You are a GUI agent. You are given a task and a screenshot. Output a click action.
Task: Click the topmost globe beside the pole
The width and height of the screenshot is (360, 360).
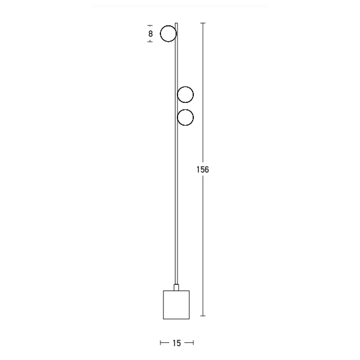pos(168,33)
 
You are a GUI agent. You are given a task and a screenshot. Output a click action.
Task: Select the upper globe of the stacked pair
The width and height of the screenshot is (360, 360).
pos(186,95)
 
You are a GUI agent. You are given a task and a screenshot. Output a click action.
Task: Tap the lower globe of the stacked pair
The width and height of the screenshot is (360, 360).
pos(186,117)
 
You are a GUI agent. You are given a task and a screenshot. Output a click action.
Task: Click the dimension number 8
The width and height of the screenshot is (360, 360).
pos(150,33)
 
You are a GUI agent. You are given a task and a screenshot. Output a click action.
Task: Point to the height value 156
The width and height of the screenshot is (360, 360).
pos(203,170)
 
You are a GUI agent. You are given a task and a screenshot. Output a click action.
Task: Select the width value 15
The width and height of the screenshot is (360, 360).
pos(176,343)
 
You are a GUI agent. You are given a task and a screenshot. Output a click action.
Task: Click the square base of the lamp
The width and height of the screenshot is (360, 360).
pos(176,304)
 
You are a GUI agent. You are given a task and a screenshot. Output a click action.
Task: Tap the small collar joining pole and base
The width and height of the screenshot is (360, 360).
pos(177,286)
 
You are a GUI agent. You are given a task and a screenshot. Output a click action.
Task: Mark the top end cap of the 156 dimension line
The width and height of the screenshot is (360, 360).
pos(203,23)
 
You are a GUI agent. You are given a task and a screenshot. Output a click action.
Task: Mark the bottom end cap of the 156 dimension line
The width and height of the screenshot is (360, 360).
pos(203,316)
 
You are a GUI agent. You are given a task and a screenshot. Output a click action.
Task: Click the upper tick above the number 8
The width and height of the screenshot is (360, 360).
pos(150,25)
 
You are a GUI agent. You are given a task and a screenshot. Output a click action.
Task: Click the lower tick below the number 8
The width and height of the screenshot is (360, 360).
pos(150,42)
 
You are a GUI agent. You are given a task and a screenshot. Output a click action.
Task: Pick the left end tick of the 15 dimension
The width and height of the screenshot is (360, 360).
pos(161,343)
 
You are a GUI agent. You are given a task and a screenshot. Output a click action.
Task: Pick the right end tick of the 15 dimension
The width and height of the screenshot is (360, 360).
pos(193,343)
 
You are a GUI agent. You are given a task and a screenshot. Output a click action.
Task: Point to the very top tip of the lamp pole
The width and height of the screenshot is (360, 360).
pos(177,24)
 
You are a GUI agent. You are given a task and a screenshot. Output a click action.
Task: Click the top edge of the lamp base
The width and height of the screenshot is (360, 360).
pos(176,290)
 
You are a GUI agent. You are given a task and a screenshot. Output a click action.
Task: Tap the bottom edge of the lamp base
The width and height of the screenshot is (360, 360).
pos(176,319)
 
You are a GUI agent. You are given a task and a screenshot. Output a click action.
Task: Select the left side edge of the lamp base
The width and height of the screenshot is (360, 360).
pos(163,304)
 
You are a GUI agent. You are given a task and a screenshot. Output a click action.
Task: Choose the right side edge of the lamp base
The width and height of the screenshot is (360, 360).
pos(189,304)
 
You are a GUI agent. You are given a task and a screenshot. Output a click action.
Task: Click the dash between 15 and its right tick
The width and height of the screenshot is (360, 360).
pos(188,343)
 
